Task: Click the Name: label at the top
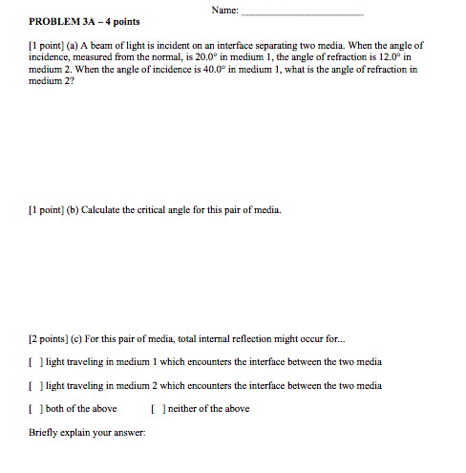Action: click(x=222, y=11)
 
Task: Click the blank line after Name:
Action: click(x=303, y=11)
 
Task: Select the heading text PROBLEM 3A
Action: click(x=61, y=22)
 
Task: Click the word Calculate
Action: click(x=109, y=210)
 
